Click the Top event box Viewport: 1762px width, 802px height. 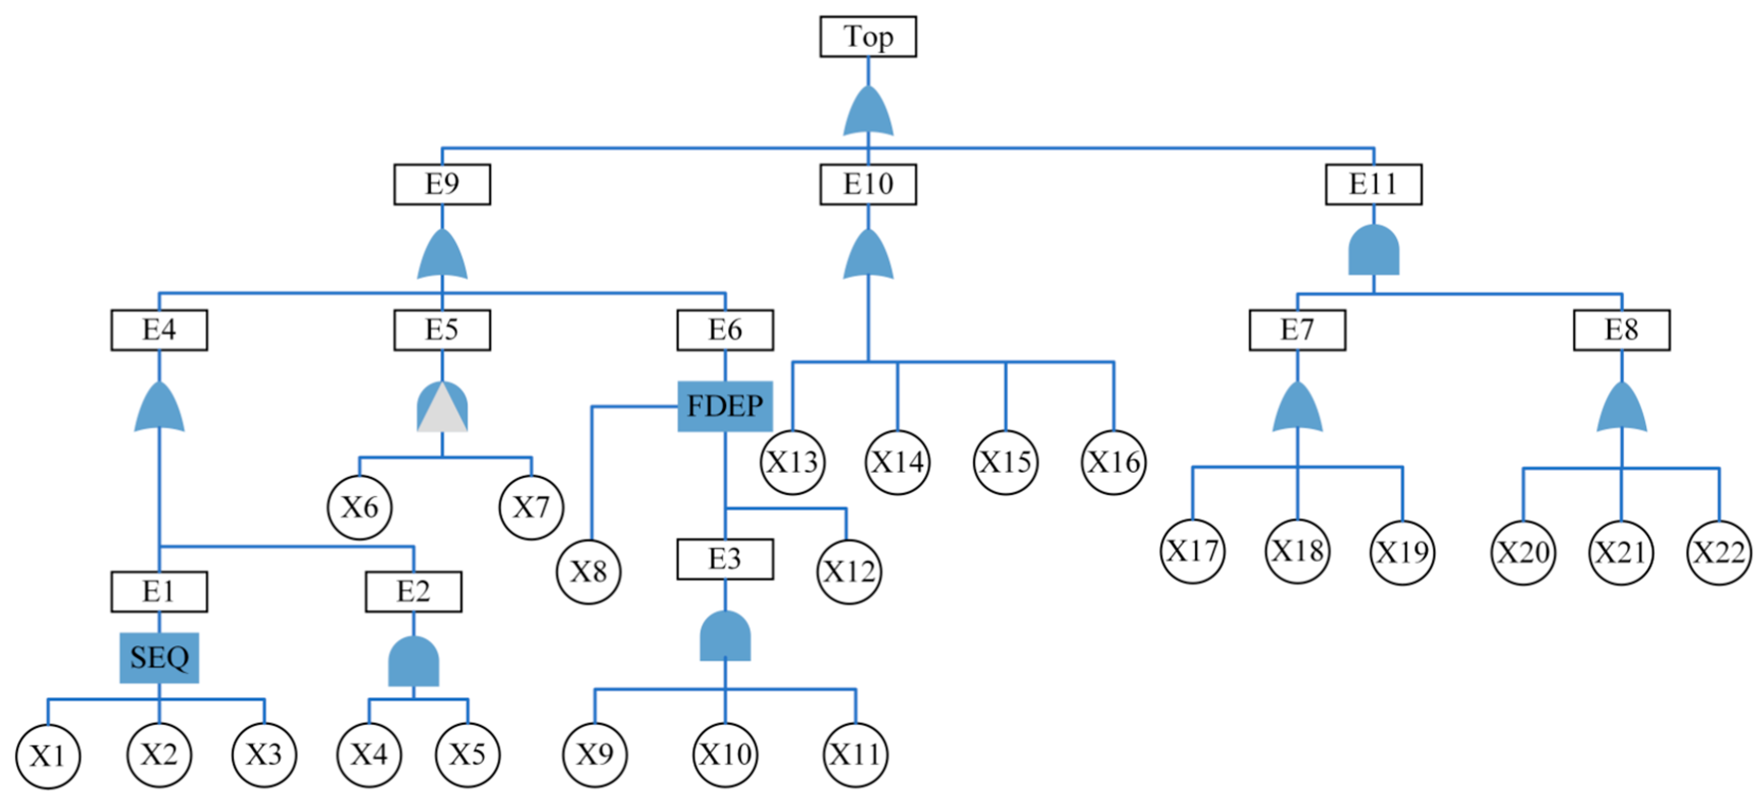pyautogui.click(x=868, y=37)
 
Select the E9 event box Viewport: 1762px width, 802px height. pyautogui.click(x=442, y=184)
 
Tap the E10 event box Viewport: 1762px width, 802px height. pyautogui.click(x=868, y=184)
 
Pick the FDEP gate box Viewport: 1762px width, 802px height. pyautogui.click(x=725, y=407)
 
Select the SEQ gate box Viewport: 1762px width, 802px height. pyautogui.click(x=159, y=657)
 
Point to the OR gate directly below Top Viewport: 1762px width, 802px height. pyautogui.click(x=868, y=112)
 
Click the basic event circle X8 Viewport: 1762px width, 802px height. pyautogui.click(x=588, y=571)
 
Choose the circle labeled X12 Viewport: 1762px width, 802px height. pyautogui.click(x=849, y=571)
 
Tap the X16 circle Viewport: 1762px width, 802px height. pyautogui.click(x=1114, y=463)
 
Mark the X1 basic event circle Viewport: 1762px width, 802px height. pyautogui.click(x=48, y=756)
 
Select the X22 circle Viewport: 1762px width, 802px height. pyautogui.click(x=1719, y=552)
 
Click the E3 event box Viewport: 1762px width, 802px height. pyautogui.click(x=725, y=559)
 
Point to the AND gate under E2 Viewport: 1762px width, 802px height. pyautogui.click(x=413, y=662)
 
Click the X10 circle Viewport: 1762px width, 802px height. pyautogui.click(x=725, y=755)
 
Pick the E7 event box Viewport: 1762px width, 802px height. pyautogui.click(x=1297, y=330)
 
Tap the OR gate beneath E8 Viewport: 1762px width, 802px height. pyautogui.click(x=1621, y=409)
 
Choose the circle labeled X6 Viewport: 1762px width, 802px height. pyautogui.click(x=360, y=508)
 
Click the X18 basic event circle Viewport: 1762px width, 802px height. pyautogui.click(x=1297, y=551)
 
